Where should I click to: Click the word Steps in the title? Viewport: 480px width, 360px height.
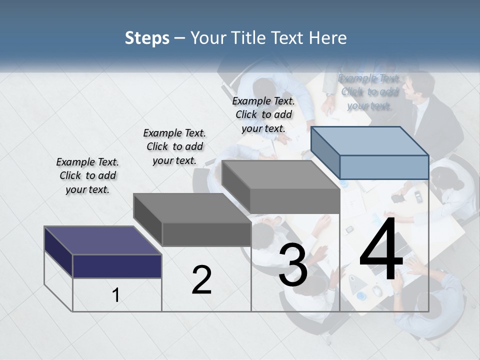pos(147,38)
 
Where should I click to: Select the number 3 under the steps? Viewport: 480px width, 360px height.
pos(292,265)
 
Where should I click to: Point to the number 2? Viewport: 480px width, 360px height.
pos(201,280)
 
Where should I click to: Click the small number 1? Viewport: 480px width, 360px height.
pos(116,295)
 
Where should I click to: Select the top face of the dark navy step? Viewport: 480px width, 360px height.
pos(102,240)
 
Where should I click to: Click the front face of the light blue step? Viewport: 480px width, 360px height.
pos(384,167)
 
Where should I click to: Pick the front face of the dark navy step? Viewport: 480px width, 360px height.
pos(117,266)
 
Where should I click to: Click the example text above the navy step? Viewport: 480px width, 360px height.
pos(87,175)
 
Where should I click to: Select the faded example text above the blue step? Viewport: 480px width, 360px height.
pos(369,91)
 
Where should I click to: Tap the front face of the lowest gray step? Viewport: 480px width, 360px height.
pos(206,234)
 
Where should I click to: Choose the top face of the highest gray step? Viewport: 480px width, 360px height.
pos(280,175)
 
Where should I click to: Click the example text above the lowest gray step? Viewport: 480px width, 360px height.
pos(174,146)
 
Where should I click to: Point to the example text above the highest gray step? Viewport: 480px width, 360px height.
pos(263,114)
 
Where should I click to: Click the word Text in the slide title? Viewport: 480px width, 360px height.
pos(290,38)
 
